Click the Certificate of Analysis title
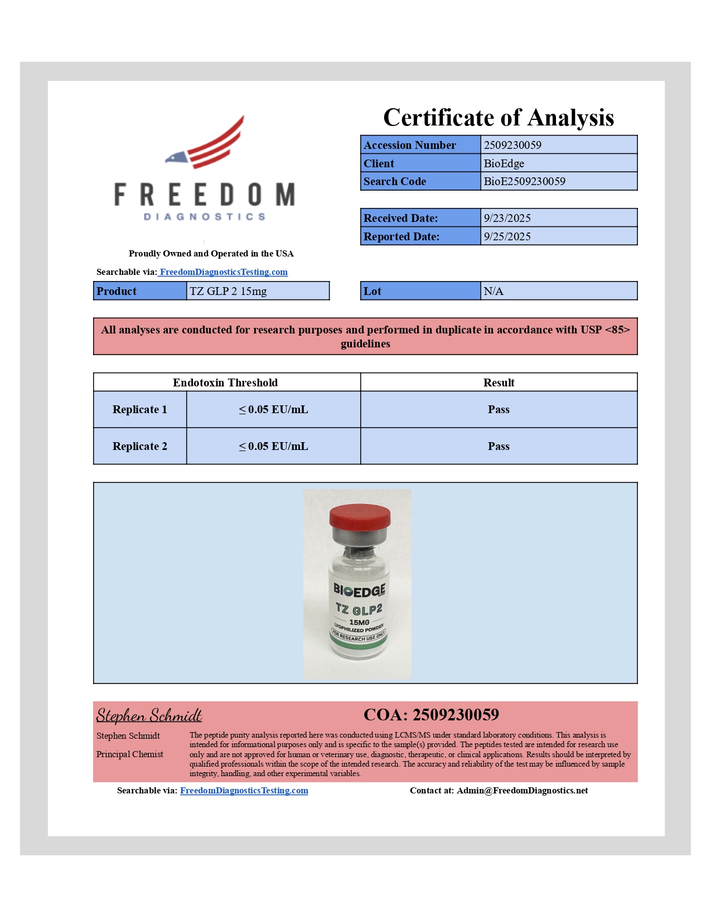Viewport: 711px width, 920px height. pos(498,118)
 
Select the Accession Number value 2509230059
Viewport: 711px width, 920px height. pos(512,145)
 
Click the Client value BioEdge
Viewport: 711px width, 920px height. pos(504,163)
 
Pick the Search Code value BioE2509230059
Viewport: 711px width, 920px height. pos(524,181)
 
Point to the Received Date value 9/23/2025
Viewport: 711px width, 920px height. pos(507,218)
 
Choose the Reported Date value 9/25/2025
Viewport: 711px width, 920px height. pos(507,236)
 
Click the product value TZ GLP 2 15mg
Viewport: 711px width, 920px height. pos(228,291)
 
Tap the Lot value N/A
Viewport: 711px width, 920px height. pos(493,291)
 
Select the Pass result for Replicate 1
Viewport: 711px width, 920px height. pos(498,409)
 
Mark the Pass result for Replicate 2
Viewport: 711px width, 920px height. pos(498,446)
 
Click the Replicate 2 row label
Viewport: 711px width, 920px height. pos(139,446)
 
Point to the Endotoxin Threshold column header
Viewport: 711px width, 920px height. pos(225,382)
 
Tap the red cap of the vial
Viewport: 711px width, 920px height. pos(360,516)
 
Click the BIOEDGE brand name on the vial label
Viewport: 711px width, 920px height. pos(359,590)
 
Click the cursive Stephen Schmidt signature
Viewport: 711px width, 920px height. pos(149,715)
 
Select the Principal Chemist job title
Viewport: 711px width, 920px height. pos(129,754)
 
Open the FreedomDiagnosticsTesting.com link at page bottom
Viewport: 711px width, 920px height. pos(244,791)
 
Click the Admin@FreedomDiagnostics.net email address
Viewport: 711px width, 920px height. pos(522,791)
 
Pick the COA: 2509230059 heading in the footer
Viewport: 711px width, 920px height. pos(431,715)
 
